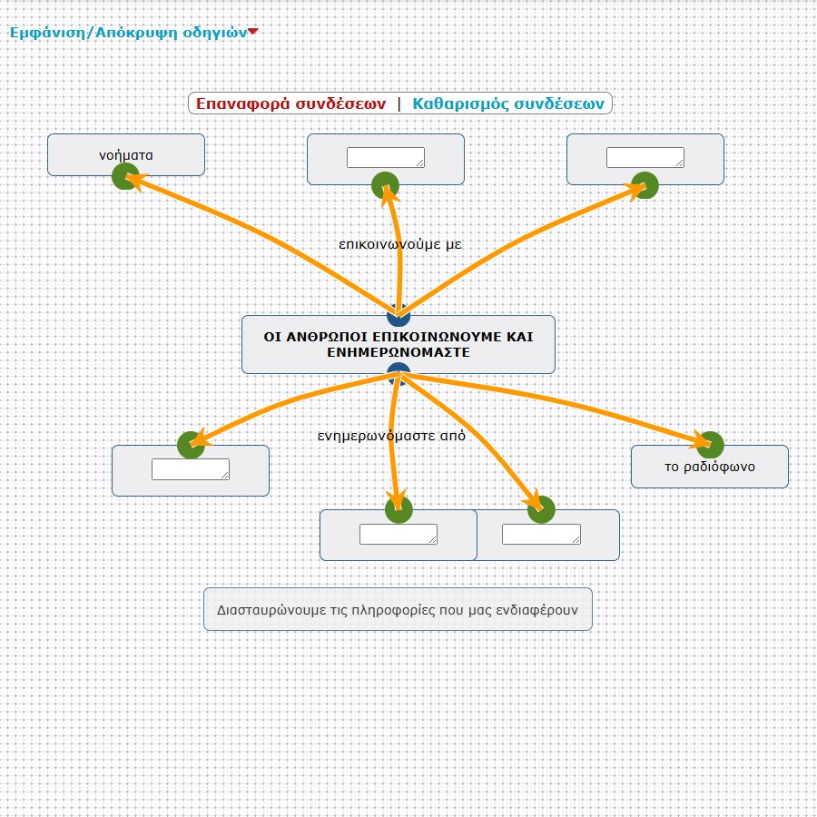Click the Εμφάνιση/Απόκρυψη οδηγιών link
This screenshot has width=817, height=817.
[128, 33]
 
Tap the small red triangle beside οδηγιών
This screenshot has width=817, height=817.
[252, 32]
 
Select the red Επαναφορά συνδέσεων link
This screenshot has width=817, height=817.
[290, 103]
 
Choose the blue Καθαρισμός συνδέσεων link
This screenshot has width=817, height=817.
[508, 103]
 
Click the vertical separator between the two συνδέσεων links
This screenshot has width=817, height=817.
[399, 103]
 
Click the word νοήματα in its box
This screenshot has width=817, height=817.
[126, 155]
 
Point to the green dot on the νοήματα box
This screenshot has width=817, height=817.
[125, 176]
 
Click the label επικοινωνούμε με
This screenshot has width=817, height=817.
[400, 244]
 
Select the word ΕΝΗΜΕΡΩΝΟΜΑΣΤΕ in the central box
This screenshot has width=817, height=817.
[399, 352]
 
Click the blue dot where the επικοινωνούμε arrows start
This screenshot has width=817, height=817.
[399, 316]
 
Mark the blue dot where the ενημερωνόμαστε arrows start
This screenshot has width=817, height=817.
[399, 374]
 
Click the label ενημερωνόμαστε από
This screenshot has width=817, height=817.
[391, 436]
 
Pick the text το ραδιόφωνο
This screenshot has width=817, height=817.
[710, 467]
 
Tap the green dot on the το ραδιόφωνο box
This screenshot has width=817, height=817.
[710, 445]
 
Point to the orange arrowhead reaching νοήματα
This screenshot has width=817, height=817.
[134, 182]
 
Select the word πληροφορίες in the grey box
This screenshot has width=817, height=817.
[389, 610]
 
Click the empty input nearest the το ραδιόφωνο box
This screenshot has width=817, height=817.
[541, 534]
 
